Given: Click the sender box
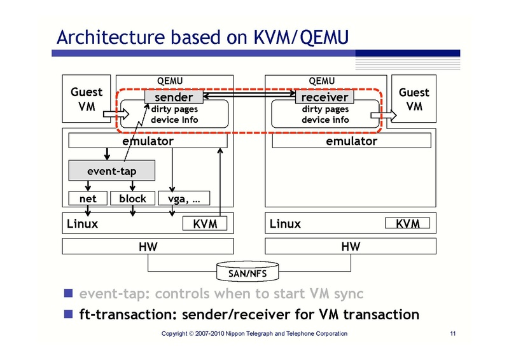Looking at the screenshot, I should click(174, 97).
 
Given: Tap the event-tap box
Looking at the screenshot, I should click(111, 170).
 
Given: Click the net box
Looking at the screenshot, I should click(88, 198).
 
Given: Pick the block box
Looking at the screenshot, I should click(132, 198).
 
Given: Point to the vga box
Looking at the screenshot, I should click(184, 198).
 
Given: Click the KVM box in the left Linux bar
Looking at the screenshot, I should click(205, 224).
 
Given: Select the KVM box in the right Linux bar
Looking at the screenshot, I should click(407, 224).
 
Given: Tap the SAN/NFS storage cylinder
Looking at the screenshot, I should click(248, 272).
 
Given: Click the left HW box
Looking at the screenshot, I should click(148, 246).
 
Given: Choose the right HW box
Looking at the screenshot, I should click(351, 246).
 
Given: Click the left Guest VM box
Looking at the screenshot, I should click(86, 99).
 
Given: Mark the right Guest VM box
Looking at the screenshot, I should click(414, 99).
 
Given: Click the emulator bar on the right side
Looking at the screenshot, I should click(351, 141).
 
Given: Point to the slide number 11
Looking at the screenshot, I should click(453, 334).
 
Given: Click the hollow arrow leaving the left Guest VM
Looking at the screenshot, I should click(120, 114).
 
